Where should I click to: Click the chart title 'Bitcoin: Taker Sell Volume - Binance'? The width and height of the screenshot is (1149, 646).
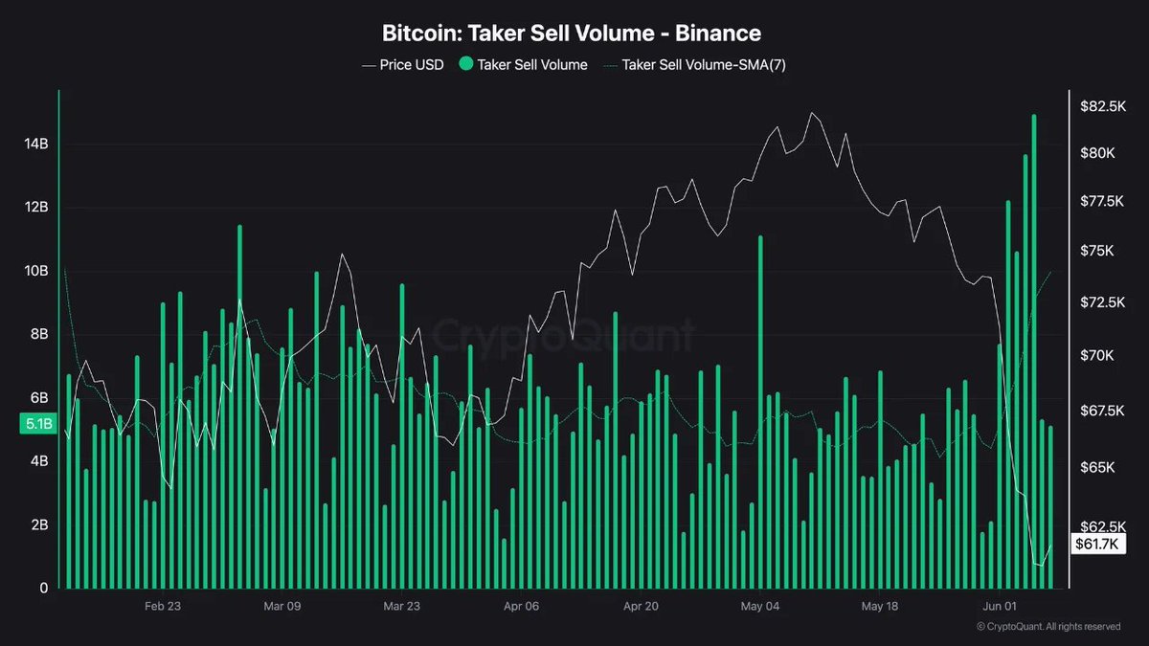coord(572,33)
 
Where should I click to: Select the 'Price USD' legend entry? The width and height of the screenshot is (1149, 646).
coord(403,65)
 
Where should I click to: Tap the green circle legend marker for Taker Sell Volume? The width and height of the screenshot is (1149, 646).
coord(465,64)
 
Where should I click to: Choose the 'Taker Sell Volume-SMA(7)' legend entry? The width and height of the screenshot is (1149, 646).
coord(695,65)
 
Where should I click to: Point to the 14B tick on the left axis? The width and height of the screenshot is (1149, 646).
coord(36,144)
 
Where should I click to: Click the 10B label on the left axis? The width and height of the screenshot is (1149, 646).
coord(36,270)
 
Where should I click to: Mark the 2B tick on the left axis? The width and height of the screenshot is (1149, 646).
coord(39,524)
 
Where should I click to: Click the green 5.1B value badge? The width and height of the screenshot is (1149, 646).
coord(38,423)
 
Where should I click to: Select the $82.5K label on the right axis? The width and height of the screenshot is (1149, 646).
coord(1103,106)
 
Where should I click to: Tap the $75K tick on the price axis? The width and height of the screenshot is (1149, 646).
coord(1097,250)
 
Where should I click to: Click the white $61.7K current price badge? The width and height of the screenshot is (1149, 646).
coord(1098,544)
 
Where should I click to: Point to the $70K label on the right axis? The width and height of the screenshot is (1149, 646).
coord(1097,355)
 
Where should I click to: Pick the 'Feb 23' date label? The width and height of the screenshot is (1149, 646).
coord(163,606)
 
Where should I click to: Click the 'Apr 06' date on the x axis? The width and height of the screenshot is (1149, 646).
coord(521,606)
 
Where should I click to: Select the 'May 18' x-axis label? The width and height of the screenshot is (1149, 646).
coord(880,606)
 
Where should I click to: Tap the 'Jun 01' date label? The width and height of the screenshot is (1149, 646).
coord(1000,606)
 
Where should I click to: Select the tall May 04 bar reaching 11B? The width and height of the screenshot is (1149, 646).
coord(760,412)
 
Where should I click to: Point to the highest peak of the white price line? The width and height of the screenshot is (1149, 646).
coord(812,113)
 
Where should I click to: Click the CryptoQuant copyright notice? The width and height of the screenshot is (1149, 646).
coord(1048,627)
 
